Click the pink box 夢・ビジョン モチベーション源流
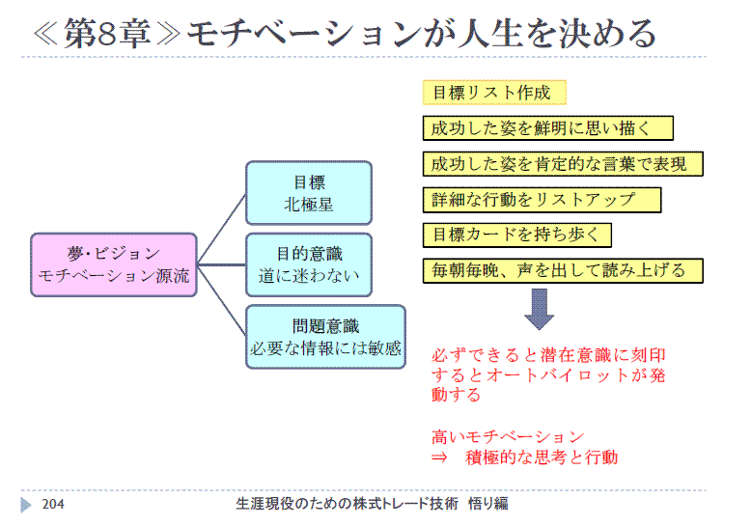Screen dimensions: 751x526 coord(114,264)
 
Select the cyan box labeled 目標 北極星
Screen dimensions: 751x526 coord(309,193)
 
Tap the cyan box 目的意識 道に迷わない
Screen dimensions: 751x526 coord(309,264)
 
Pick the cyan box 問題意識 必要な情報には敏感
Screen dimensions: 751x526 coord(325,337)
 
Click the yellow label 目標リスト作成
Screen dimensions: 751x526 coord(494,93)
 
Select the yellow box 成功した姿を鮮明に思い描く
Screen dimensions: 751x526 coord(548,128)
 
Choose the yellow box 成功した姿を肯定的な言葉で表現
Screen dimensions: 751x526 coord(563,164)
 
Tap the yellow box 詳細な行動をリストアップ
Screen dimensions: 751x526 coord(542,200)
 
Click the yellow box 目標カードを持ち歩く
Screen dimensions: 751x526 coord(516,235)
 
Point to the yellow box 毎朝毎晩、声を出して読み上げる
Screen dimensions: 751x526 coord(563,270)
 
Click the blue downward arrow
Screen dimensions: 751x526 coord(540,309)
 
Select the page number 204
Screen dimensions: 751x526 coord(53,504)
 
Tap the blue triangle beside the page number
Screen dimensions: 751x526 coord(26,505)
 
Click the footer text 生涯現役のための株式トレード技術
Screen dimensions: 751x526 coord(347,504)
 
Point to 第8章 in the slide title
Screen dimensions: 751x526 coord(107,34)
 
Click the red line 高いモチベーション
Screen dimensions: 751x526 coord(508,437)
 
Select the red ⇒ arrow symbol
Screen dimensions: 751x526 coord(439,458)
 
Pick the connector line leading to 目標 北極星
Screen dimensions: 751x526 coord(222,229)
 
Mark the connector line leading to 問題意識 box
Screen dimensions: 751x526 coord(222,300)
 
